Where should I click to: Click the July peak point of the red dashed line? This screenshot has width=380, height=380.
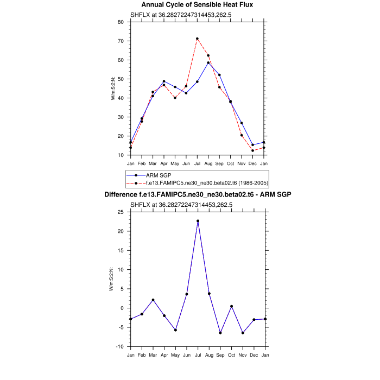click(x=197, y=39)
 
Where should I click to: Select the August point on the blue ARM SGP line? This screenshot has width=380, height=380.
click(x=208, y=63)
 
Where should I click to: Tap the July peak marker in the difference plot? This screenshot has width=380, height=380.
click(x=198, y=221)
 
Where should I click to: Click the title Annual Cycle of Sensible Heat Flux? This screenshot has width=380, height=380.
click(x=198, y=4)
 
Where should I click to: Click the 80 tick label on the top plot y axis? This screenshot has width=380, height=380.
click(x=121, y=22)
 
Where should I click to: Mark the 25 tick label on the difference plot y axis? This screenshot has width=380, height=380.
click(x=121, y=212)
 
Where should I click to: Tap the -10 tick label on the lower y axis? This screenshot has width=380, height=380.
click(x=120, y=346)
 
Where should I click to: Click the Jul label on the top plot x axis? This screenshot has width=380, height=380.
click(x=197, y=163)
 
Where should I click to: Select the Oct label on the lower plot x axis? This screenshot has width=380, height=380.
click(x=231, y=355)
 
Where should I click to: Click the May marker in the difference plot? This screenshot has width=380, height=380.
click(x=175, y=330)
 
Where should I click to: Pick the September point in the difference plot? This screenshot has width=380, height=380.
click(x=220, y=333)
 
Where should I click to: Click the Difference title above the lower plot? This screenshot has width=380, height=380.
click(x=198, y=194)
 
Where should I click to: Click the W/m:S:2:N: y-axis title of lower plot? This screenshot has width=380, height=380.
click(x=112, y=279)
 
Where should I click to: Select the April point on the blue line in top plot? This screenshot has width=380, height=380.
click(x=164, y=81)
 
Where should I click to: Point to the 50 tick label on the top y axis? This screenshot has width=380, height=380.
click(x=121, y=79)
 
